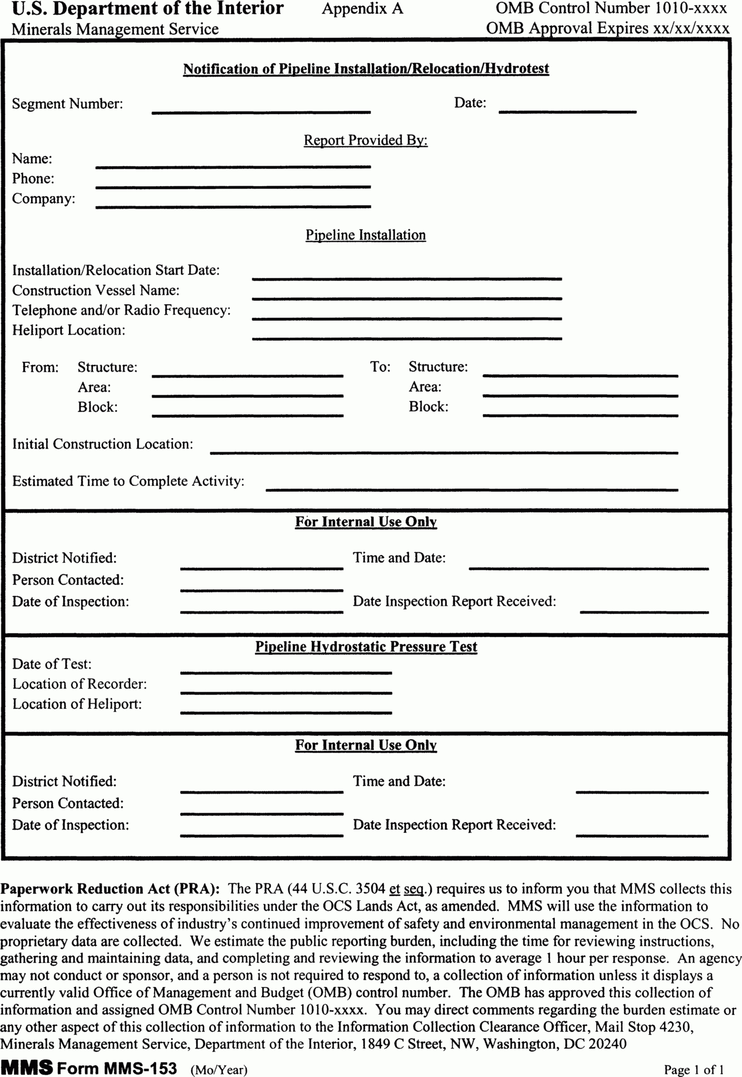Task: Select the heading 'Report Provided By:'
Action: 365,140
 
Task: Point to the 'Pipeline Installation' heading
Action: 365,235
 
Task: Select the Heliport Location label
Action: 69,330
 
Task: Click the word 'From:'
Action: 40,367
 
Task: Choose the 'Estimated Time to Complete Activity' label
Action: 128,481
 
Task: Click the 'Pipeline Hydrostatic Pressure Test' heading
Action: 366,647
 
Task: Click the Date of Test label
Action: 52,664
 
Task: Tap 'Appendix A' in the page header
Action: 362,9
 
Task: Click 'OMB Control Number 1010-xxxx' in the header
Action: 611,8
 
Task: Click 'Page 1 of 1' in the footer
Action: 694,1069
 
